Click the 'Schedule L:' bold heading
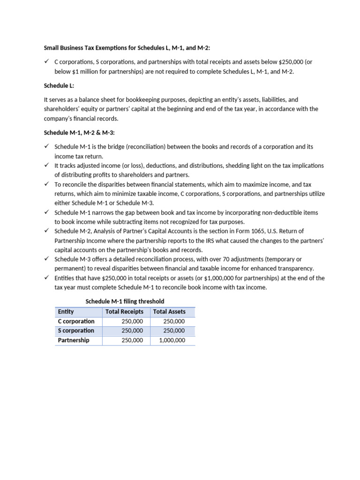click(59, 86)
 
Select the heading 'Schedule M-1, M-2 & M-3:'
click(79, 133)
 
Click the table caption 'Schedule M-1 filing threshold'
click(125, 301)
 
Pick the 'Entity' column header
click(66, 312)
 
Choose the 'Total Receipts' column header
click(125, 312)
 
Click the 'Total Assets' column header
click(169, 312)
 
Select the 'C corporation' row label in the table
click(76, 322)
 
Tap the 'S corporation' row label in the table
click(76, 331)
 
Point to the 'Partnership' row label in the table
click(74, 340)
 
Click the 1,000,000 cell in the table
click(172, 340)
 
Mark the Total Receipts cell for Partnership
click(132, 340)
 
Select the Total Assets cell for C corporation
click(174, 322)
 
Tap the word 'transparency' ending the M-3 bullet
click(296, 269)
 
